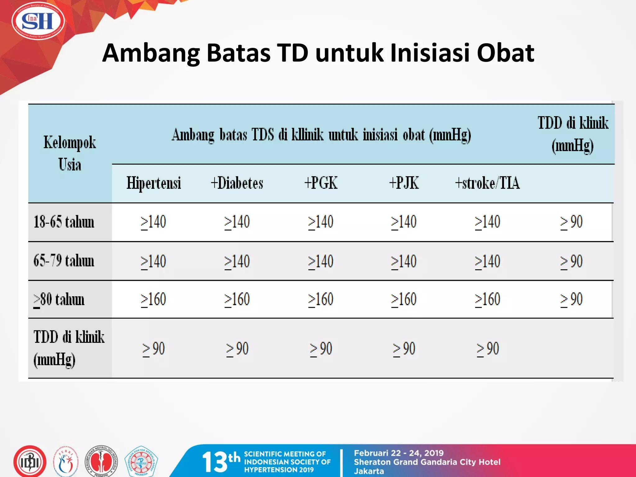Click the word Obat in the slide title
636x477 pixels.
505,53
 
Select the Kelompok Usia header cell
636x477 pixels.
70,153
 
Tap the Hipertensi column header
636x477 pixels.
153,183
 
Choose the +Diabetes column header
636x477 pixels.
237,183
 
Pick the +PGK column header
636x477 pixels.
321,183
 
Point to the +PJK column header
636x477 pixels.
404,183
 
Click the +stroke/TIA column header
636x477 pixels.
487,183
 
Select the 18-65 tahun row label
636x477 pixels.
64,222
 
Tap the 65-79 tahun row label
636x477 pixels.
64,261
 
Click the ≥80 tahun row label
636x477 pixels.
59,300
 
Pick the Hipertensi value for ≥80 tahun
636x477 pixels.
153,299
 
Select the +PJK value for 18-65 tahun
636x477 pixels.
404,222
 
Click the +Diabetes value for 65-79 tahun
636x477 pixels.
237,261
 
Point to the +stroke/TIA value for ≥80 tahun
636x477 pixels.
487,299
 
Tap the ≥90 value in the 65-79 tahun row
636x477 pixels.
571,261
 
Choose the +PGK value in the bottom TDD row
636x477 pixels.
321,349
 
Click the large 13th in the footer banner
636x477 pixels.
221,461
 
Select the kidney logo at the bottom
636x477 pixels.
101,461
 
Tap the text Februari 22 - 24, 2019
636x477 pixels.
399,453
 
